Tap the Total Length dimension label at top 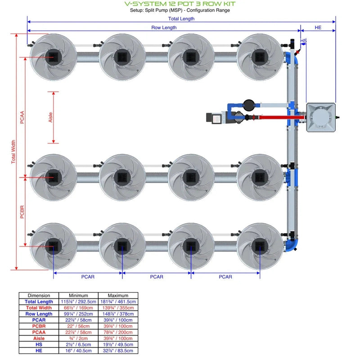[x=181, y=19]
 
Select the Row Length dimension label [x=164, y=28]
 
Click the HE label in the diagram [x=318, y=28]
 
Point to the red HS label [x=304, y=41]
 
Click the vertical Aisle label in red [x=50, y=117]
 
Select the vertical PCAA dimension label [x=22, y=117]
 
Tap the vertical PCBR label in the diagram [x=22, y=211]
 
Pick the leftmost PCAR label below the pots [x=88, y=277]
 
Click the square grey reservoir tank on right [x=320, y=117]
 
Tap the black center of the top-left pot [x=54, y=57]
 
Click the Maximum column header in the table [x=118, y=296]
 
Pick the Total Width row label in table [x=39, y=308]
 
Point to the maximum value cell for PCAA [x=118, y=333]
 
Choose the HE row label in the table [x=39, y=351]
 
